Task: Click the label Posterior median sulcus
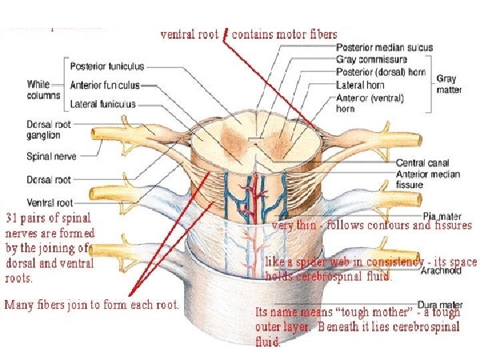pos(384,48)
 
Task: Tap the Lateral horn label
pos(360,85)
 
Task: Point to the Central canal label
pos(423,163)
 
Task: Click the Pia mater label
pos(443,217)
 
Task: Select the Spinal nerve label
pos(51,157)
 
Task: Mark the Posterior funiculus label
pos(107,67)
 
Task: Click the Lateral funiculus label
pos(103,104)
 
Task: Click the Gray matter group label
pos(448,84)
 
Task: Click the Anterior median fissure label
pos(427,179)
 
